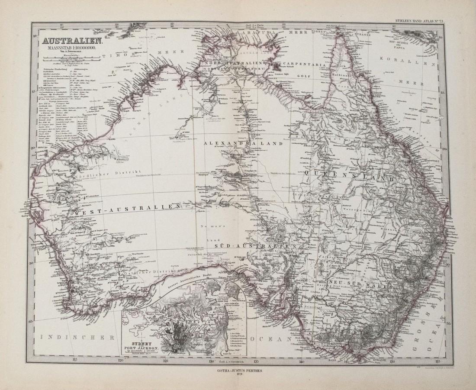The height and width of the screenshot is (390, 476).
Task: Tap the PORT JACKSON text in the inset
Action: tap(146, 349)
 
